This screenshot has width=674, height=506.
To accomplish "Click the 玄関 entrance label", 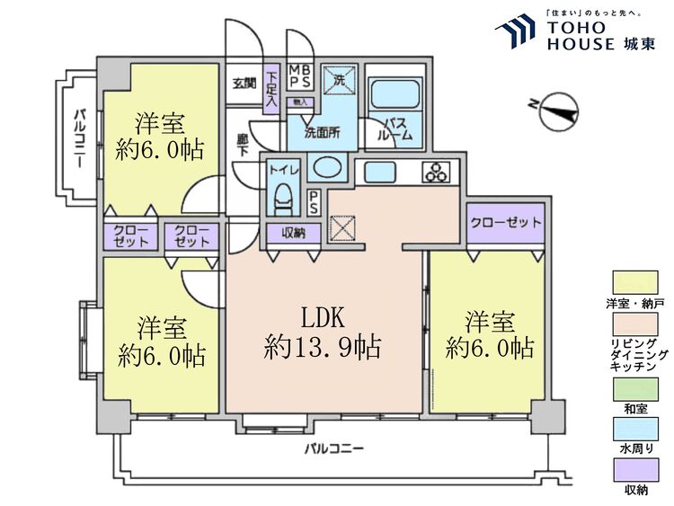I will pyautogui.click(x=244, y=84).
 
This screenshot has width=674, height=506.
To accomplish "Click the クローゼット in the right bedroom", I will pyautogui.click(x=505, y=223).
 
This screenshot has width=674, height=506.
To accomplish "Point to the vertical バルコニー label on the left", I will pyautogui.click(x=80, y=144).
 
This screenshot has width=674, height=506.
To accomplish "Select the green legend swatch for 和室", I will pyautogui.click(x=634, y=388).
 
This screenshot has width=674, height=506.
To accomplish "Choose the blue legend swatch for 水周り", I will pyautogui.click(x=634, y=430).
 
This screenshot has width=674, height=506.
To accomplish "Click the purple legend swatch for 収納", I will pyautogui.click(x=634, y=469).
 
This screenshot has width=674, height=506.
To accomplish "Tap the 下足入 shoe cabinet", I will pyautogui.click(x=271, y=87).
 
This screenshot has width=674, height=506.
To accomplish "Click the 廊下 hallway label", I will pyautogui.click(x=243, y=146).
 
